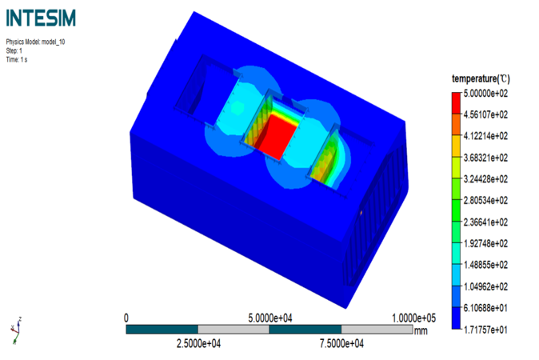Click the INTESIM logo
(41, 18)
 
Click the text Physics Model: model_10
(35, 42)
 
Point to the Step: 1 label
(14, 51)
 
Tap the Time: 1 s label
(17, 59)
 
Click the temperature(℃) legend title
(481, 78)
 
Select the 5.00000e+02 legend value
(485, 94)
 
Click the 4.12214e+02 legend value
(485, 136)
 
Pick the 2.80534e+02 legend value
(485, 201)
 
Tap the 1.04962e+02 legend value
(485, 286)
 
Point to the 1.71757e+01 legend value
(485, 330)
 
